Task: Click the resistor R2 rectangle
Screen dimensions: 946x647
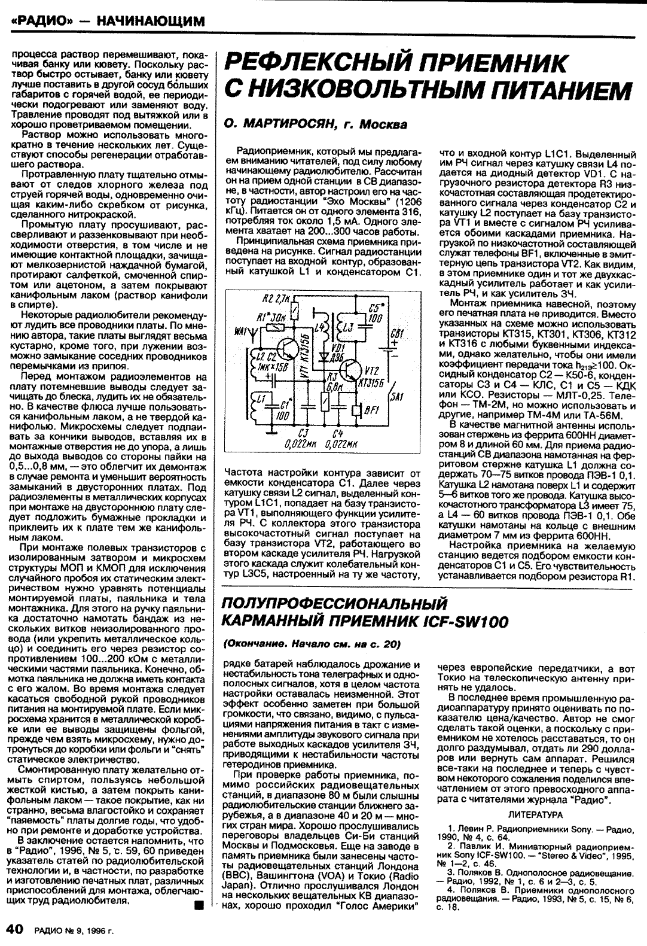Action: tap(295, 309)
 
